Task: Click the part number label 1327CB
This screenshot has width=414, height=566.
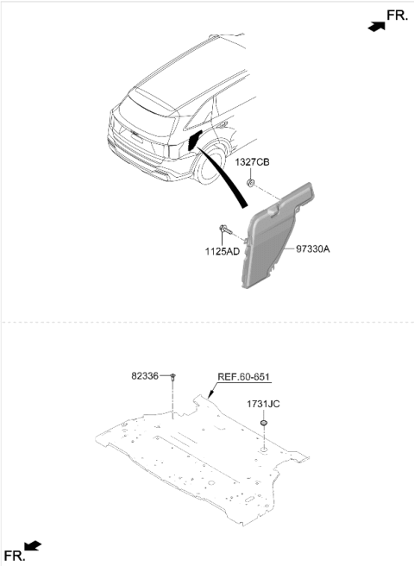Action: (x=253, y=162)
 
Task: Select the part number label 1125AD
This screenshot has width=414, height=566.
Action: (x=223, y=251)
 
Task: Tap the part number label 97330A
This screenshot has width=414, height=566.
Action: (x=313, y=249)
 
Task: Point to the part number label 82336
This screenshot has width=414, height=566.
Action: (x=145, y=376)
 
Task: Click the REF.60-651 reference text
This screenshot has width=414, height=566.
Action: (x=243, y=377)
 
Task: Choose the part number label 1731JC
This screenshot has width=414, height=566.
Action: (x=263, y=404)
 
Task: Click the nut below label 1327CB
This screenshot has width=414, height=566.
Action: (x=250, y=183)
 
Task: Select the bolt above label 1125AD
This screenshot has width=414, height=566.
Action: (x=225, y=230)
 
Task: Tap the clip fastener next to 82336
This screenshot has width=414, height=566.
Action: (x=173, y=377)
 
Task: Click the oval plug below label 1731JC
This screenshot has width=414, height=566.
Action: (x=264, y=422)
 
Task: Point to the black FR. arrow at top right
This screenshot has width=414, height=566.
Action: (x=377, y=27)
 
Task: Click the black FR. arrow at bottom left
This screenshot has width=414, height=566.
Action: (x=33, y=546)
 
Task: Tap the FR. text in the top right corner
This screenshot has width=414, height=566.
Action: (x=397, y=16)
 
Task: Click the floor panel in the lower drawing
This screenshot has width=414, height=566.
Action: (x=202, y=458)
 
